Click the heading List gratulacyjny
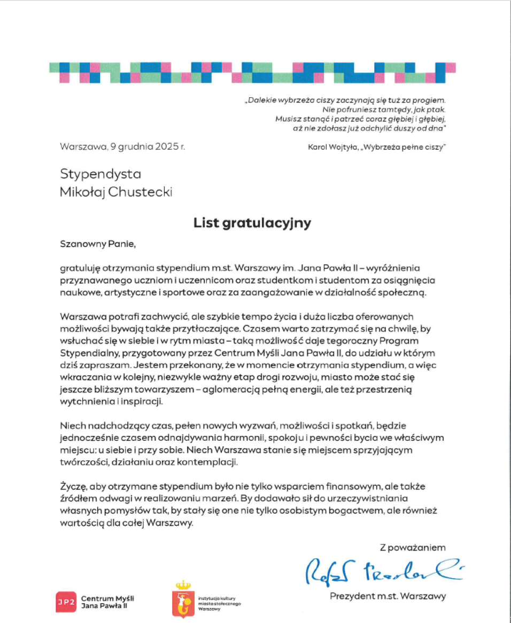point(252,223)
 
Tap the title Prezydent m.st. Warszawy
point(387,596)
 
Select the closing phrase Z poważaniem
point(412,547)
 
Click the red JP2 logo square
point(66,602)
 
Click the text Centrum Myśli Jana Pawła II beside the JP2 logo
point(104,602)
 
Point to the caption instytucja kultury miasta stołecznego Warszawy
point(219,603)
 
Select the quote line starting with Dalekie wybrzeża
point(345,100)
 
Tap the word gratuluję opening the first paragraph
point(80,267)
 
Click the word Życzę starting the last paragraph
point(73,487)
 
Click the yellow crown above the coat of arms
point(183,585)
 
